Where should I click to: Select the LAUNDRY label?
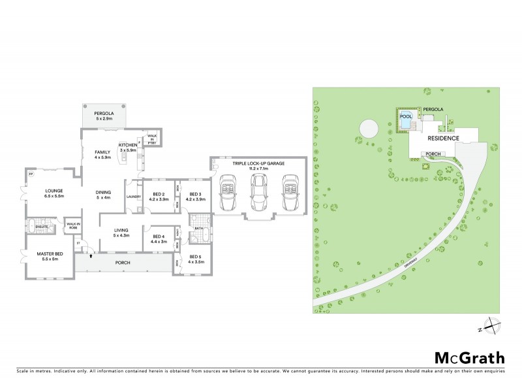click(x=134, y=197)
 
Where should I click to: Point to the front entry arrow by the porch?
click(x=84, y=255)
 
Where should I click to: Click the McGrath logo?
click(x=470, y=357)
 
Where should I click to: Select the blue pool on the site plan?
click(x=407, y=121)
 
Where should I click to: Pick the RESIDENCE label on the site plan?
click(x=443, y=139)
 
